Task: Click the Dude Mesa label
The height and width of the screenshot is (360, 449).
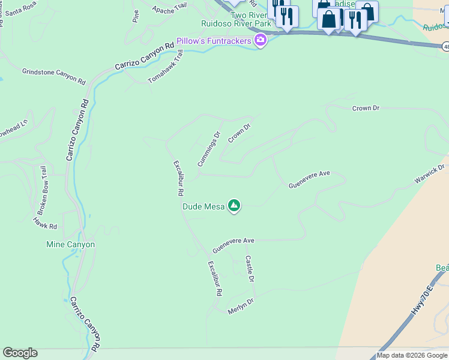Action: pos(203,207)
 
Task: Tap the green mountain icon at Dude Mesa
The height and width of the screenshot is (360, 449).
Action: pos(234,206)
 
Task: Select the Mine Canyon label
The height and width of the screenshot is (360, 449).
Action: pos(70,245)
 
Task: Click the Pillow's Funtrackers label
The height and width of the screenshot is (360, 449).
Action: pos(214,41)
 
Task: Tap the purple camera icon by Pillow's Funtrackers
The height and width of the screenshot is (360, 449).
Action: pos(261,41)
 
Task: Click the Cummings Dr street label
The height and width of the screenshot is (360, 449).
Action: pos(209,149)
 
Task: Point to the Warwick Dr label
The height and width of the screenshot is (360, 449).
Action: pos(430,175)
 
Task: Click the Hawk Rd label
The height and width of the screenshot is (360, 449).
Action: pos(45,224)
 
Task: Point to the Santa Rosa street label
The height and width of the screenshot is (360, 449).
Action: pos(22,10)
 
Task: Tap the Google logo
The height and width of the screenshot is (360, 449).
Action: pos(20,353)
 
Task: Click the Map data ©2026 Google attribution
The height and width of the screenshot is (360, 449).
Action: pos(412,355)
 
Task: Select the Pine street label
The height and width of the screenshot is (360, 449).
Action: pos(136,16)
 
